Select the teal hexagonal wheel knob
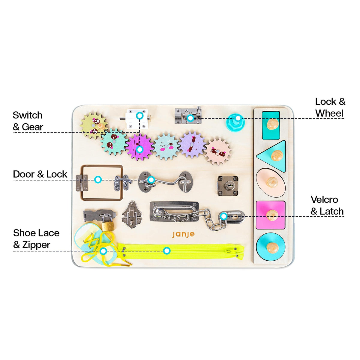click(x=236, y=123)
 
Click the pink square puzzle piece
click(x=271, y=215)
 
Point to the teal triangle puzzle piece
click(x=274, y=156)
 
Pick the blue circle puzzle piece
click(x=271, y=247)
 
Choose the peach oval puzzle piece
click(x=271, y=183)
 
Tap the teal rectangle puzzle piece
click(x=271, y=125)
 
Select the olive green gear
click(x=94, y=125)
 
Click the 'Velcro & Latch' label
click(x=327, y=205)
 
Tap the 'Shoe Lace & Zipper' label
click(x=36, y=239)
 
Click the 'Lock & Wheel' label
click(x=330, y=107)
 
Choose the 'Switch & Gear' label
click(x=28, y=121)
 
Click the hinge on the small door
click(x=82, y=183)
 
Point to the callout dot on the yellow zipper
click(x=166, y=251)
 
